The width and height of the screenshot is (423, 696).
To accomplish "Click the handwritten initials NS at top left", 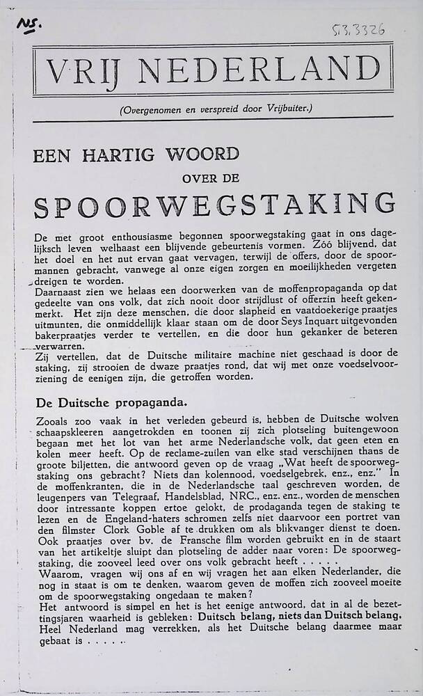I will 29,25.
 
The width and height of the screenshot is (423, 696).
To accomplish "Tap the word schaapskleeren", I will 70,431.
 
